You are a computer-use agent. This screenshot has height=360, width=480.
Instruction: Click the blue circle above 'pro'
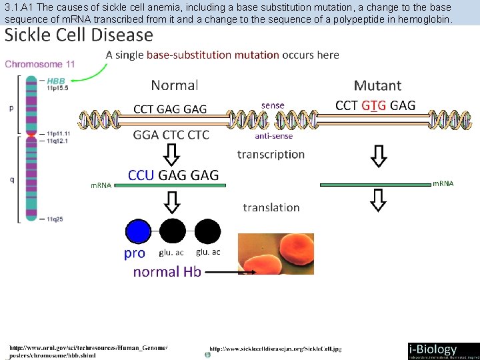coord(138,231)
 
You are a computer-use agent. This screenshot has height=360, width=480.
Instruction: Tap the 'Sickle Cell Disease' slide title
coord(79,35)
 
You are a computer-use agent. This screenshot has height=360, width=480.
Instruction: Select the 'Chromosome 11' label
coord(40,64)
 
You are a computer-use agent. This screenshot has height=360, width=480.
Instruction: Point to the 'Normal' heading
coord(175,85)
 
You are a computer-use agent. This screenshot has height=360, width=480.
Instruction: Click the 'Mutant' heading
coord(377,85)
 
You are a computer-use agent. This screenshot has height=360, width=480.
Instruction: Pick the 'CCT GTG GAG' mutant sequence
coord(375,105)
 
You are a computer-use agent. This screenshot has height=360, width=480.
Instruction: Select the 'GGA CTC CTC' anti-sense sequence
coord(171,135)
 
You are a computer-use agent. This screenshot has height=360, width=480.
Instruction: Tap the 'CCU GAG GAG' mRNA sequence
coord(173,175)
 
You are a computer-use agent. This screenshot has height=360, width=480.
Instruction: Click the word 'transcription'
coord(271,154)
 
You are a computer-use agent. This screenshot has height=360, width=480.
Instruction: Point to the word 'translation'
coord(271,207)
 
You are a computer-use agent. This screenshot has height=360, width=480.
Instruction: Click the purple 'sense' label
coord(273,105)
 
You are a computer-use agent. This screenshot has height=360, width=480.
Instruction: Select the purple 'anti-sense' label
coord(273,136)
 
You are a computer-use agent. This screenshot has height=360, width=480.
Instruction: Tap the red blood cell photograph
coord(276,253)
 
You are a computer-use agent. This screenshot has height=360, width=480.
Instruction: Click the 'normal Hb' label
coord(167,271)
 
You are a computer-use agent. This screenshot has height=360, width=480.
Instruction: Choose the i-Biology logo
coord(442,351)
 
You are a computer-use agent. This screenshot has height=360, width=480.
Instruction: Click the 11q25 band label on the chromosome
coord(55,219)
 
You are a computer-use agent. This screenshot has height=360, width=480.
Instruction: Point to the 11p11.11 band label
coord(59,133)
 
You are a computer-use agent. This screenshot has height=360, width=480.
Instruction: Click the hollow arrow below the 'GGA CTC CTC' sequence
coord(172,155)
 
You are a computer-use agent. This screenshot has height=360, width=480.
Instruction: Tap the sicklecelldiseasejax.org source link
coord(275,349)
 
